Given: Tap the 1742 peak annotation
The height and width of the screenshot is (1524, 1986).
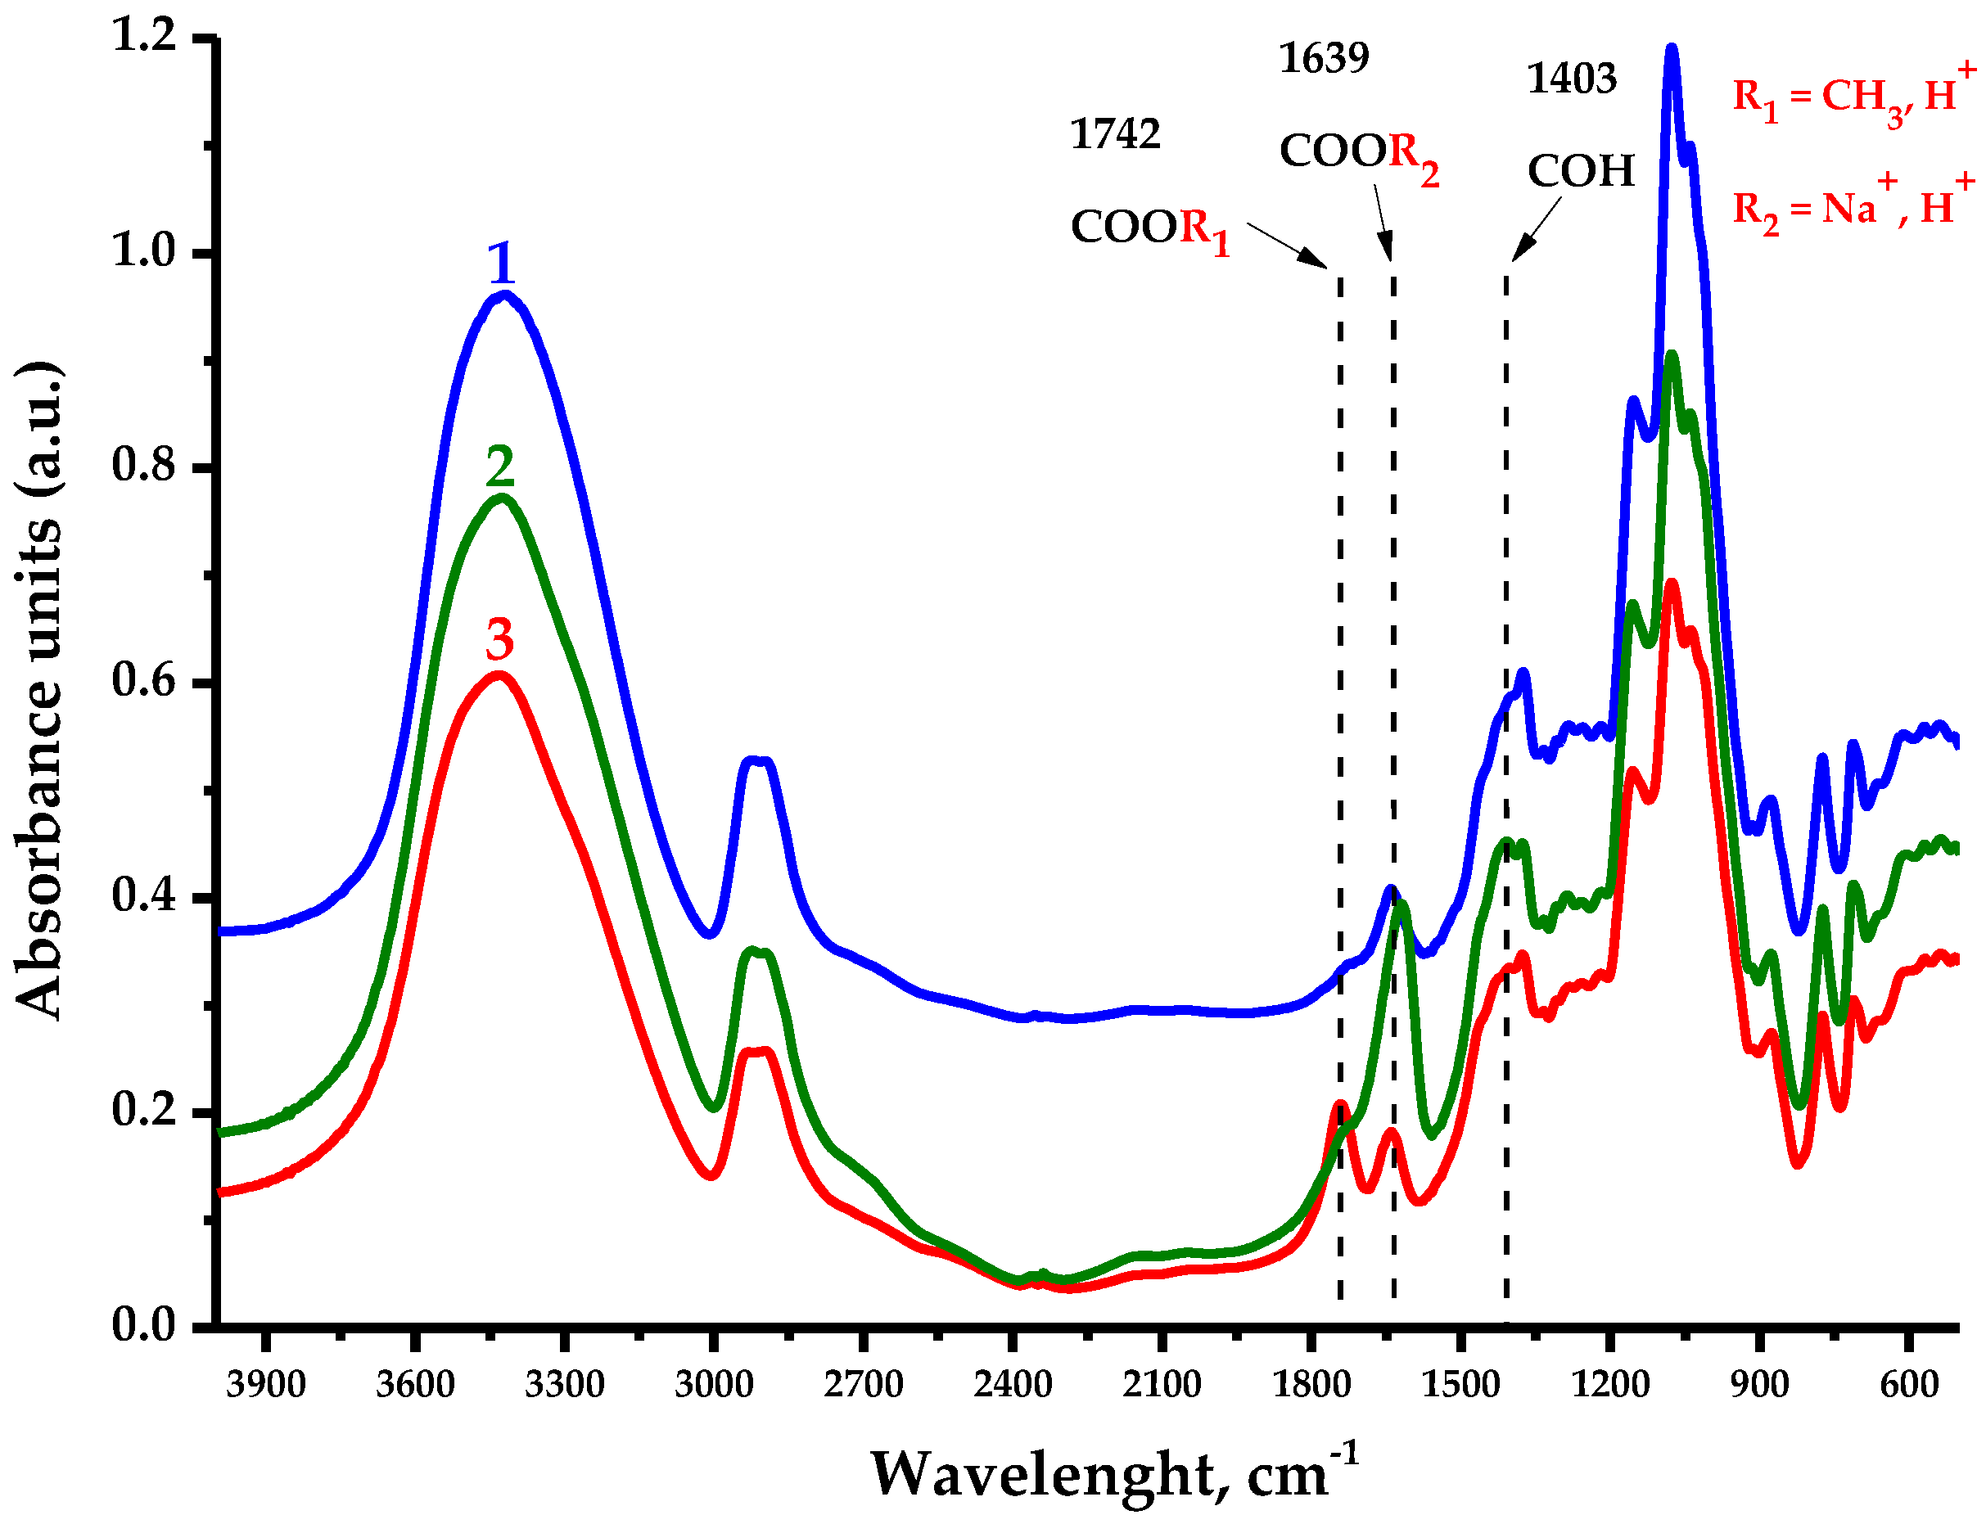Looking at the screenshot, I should tap(1114, 134).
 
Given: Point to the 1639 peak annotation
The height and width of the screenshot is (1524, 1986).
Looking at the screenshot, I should tap(1323, 58).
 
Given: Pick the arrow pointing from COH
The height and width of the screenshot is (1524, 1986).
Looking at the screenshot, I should tap(1535, 228).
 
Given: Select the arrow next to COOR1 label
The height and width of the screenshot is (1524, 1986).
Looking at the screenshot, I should tap(1287, 244).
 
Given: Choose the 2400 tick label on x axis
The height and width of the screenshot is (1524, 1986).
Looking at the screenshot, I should tap(1013, 1384).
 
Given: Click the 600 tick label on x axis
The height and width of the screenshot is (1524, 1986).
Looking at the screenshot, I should tap(1909, 1384).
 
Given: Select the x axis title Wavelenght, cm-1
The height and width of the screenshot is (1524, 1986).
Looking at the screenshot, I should tap(1114, 1472).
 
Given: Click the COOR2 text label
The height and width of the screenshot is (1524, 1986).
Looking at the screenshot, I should tap(1357, 152).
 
